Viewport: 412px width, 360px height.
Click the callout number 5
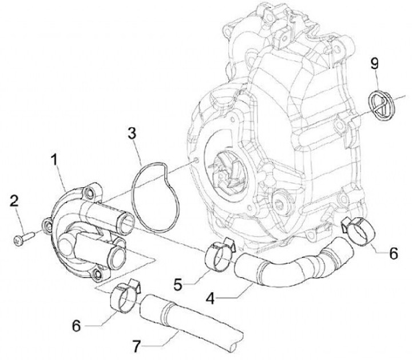tap(179, 282)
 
